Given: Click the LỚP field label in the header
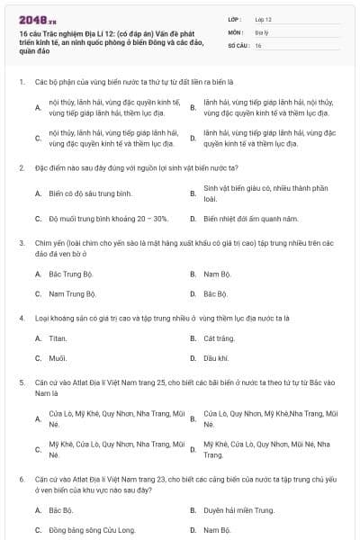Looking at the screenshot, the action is point(234,18).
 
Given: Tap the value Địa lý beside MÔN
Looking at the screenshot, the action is point(260,31).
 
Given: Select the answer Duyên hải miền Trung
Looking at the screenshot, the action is point(238,510).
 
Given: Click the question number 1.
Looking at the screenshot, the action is point(21,82).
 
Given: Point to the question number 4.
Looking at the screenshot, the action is point(21,319).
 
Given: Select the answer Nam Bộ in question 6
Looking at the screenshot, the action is point(217,530).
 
